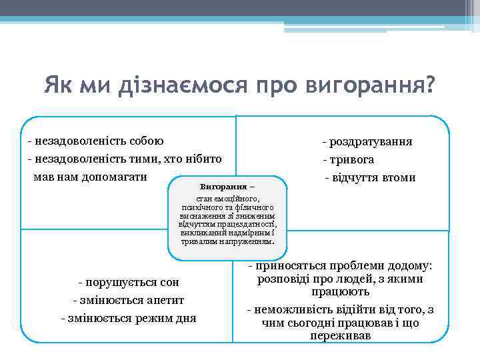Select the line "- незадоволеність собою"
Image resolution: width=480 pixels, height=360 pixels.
(96, 141)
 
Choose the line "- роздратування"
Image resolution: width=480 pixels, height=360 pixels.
(367, 141)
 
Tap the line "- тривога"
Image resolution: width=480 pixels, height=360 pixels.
(348, 159)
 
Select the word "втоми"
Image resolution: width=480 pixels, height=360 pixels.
(398, 177)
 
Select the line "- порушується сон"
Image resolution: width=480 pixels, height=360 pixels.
(128, 282)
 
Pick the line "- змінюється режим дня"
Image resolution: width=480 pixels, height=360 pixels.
(128, 318)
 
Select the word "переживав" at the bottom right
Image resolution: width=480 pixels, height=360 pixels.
(341, 336)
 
